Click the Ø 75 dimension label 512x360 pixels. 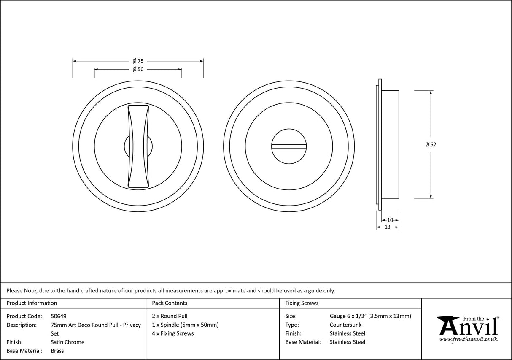138,61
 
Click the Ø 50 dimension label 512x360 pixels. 138,69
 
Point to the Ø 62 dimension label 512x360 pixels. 431,144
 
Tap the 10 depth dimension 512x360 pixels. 390,220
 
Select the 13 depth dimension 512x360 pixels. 387,227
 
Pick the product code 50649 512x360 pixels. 58,316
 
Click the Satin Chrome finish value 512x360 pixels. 67,342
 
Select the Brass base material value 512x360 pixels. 57,351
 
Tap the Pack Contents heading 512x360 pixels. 169,303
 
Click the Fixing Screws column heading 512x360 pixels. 302,303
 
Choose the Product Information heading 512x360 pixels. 32,303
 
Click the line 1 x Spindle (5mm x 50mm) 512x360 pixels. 185,325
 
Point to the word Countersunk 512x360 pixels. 345,325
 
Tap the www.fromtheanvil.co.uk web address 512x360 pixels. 468,339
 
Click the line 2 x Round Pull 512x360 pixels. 170,316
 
